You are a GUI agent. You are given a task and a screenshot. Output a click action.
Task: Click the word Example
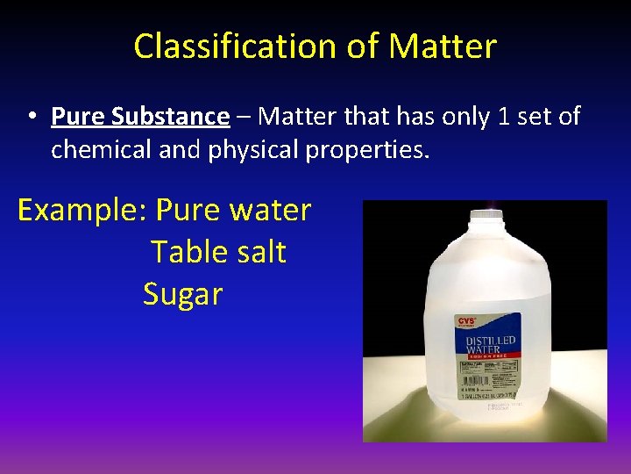pyautogui.click(x=82, y=211)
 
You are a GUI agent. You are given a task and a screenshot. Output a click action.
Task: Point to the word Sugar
pyautogui.click(x=182, y=294)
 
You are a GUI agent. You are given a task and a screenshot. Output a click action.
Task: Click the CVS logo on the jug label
pyautogui.click(x=467, y=323)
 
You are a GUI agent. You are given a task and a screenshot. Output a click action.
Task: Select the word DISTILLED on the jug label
pyautogui.click(x=491, y=341)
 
